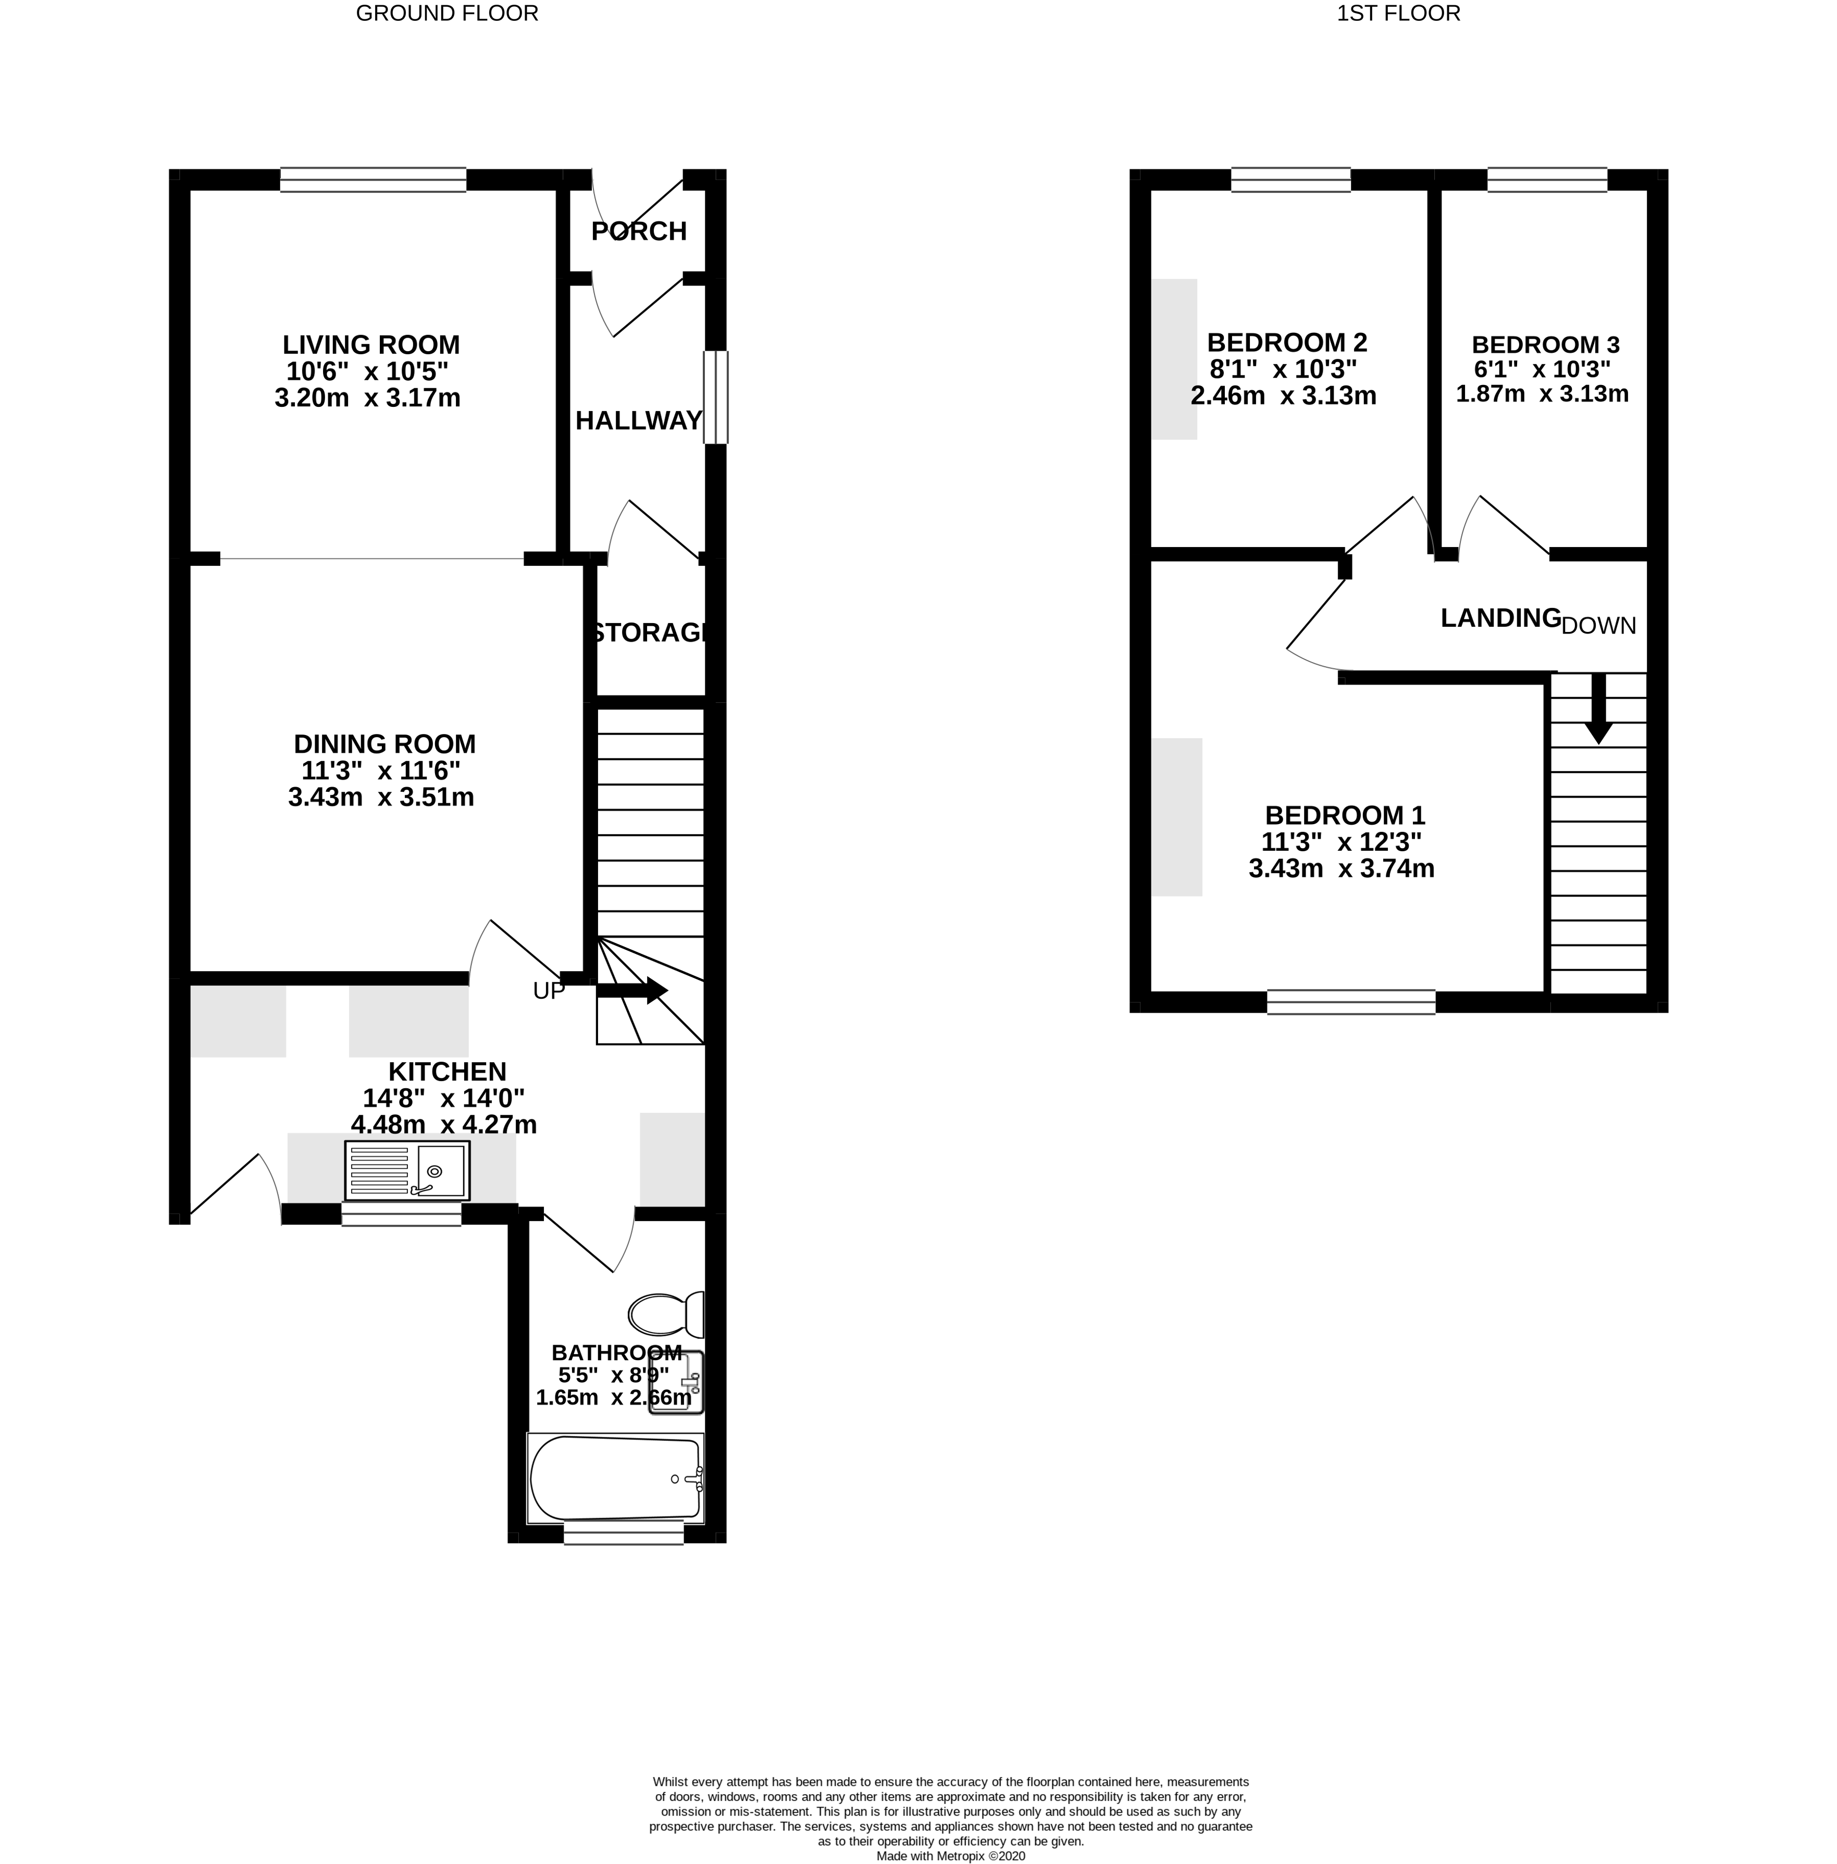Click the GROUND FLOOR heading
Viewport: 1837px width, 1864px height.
[446, 14]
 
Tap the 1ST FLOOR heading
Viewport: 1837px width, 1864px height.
[1398, 14]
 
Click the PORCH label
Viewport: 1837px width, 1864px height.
[639, 231]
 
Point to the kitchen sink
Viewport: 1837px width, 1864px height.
[407, 1170]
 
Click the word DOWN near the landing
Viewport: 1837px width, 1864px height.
[1599, 626]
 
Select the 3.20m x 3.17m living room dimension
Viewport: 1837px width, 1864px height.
[368, 397]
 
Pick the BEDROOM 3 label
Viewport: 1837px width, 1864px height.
[1545, 344]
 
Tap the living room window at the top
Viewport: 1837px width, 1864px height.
[374, 179]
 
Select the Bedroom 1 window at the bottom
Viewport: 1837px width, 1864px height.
[1351, 1002]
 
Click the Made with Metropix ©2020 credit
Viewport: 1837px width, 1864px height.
[950, 1856]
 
